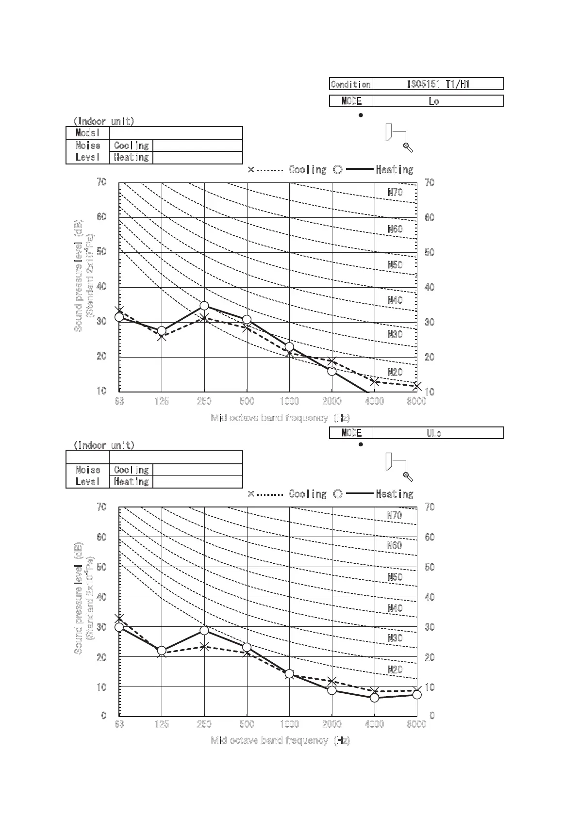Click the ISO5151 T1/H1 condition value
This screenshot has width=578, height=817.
(x=438, y=84)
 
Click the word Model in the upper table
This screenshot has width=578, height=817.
(x=87, y=133)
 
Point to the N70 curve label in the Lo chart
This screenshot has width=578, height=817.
(x=395, y=192)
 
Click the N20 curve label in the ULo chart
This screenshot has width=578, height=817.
(x=395, y=670)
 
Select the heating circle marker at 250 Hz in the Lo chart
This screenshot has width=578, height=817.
(x=204, y=306)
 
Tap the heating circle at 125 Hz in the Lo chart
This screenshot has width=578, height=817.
(x=162, y=331)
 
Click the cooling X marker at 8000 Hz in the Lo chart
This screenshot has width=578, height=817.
(x=417, y=386)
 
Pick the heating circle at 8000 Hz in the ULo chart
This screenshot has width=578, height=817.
(x=417, y=694)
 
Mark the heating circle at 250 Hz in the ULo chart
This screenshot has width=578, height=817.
(x=204, y=630)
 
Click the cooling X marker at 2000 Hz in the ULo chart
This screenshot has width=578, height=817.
(x=332, y=681)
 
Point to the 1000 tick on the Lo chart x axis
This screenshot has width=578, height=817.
(x=289, y=401)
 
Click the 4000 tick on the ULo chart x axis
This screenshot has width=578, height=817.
(x=374, y=724)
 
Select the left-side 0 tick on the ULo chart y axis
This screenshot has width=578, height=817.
(x=103, y=716)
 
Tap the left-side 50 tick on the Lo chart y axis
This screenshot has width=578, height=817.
(x=101, y=252)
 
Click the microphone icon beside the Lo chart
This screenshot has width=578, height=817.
(x=408, y=147)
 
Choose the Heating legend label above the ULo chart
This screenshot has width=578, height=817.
(x=395, y=494)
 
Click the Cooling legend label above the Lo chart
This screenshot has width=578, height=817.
(x=308, y=170)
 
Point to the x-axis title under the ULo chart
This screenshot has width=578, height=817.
(x=280, y=740)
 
